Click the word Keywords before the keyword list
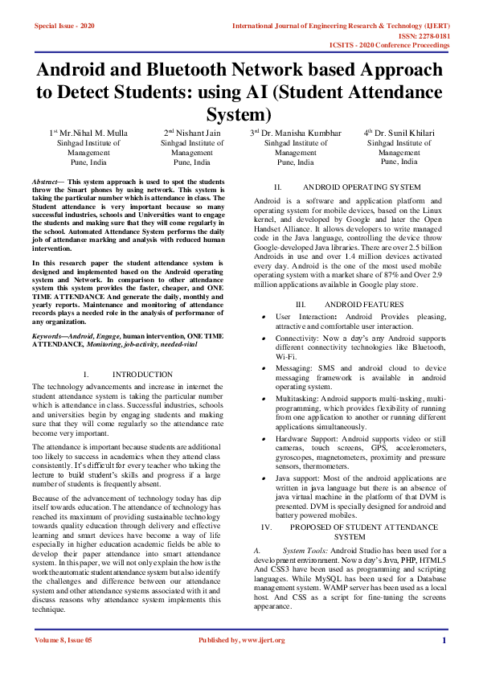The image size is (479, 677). [x=48, y=334]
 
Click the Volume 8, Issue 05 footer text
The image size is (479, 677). [x=63, y=640]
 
